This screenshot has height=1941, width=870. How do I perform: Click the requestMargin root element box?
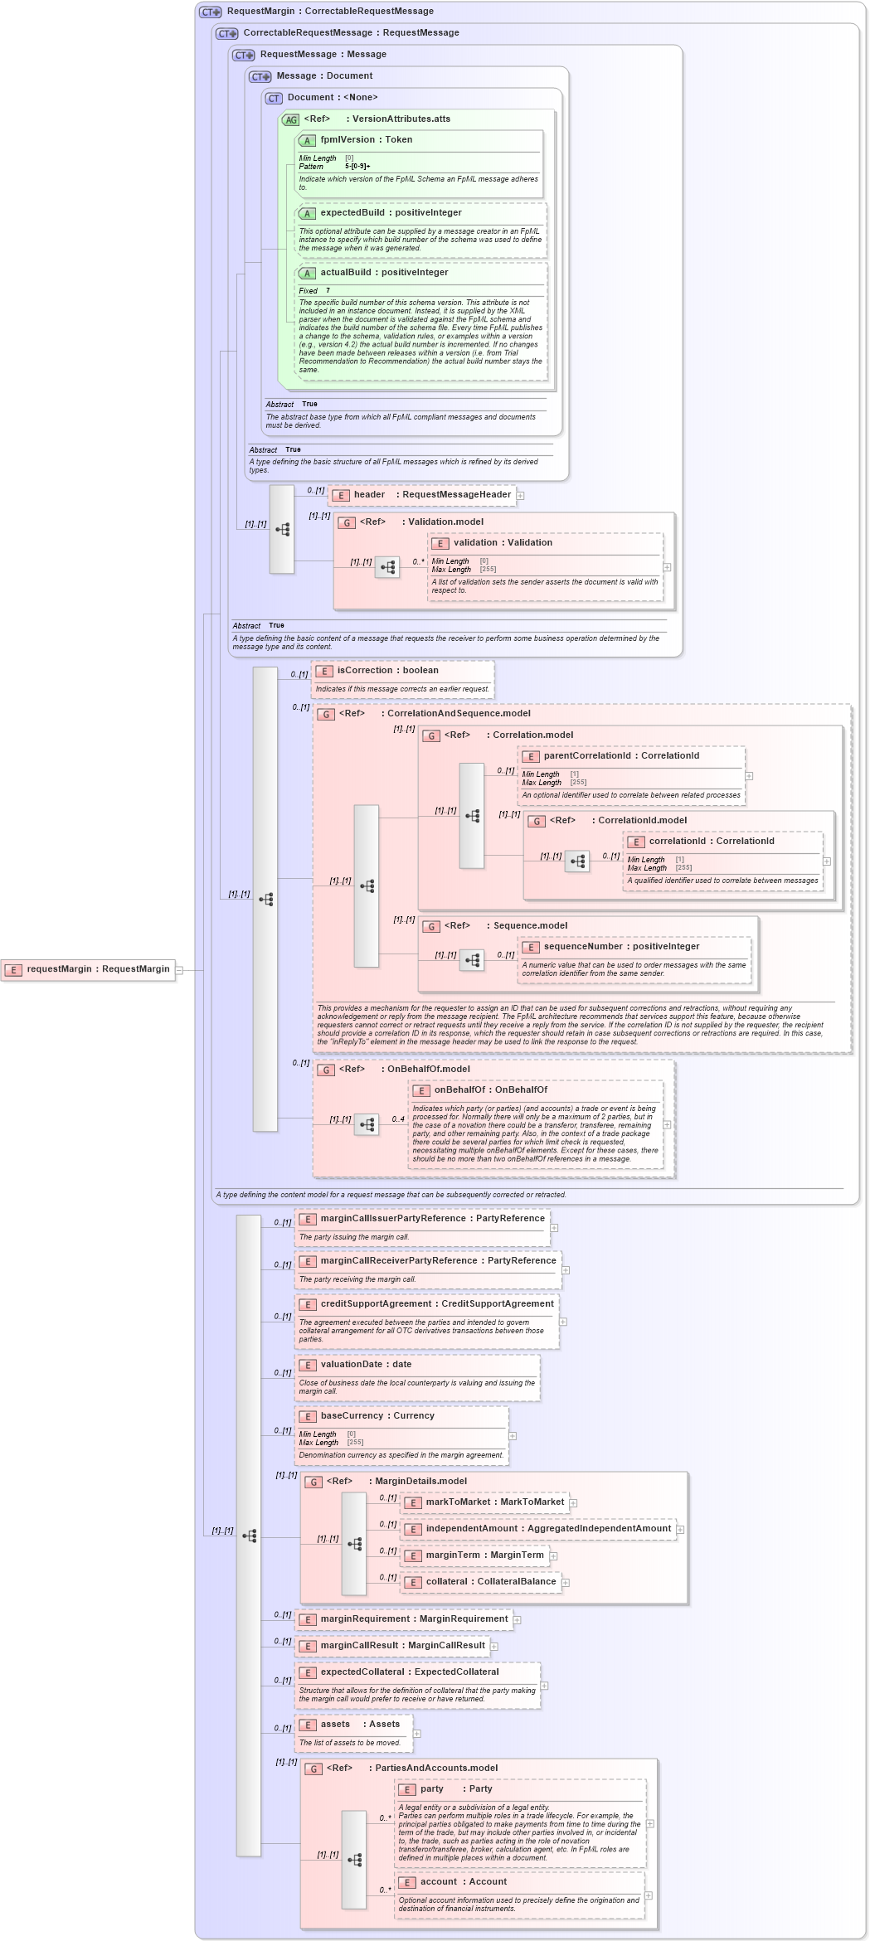point(88,969)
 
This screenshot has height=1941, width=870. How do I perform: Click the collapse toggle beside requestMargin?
point(179,970)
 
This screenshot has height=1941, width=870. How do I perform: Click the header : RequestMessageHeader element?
point(422,495)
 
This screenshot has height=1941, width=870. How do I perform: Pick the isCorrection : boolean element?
point(387,671)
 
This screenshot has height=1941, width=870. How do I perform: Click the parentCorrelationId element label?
point(620,756)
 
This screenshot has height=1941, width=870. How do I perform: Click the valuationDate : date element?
point(366,1365)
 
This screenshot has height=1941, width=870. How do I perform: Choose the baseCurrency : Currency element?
point(377,1416)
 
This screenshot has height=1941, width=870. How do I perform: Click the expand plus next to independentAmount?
point(680,1530)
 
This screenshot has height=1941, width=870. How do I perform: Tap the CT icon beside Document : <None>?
point(274,98)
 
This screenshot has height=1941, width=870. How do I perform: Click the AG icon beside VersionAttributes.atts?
point(290,119)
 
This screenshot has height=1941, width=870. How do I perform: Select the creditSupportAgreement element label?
point(436,1304)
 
